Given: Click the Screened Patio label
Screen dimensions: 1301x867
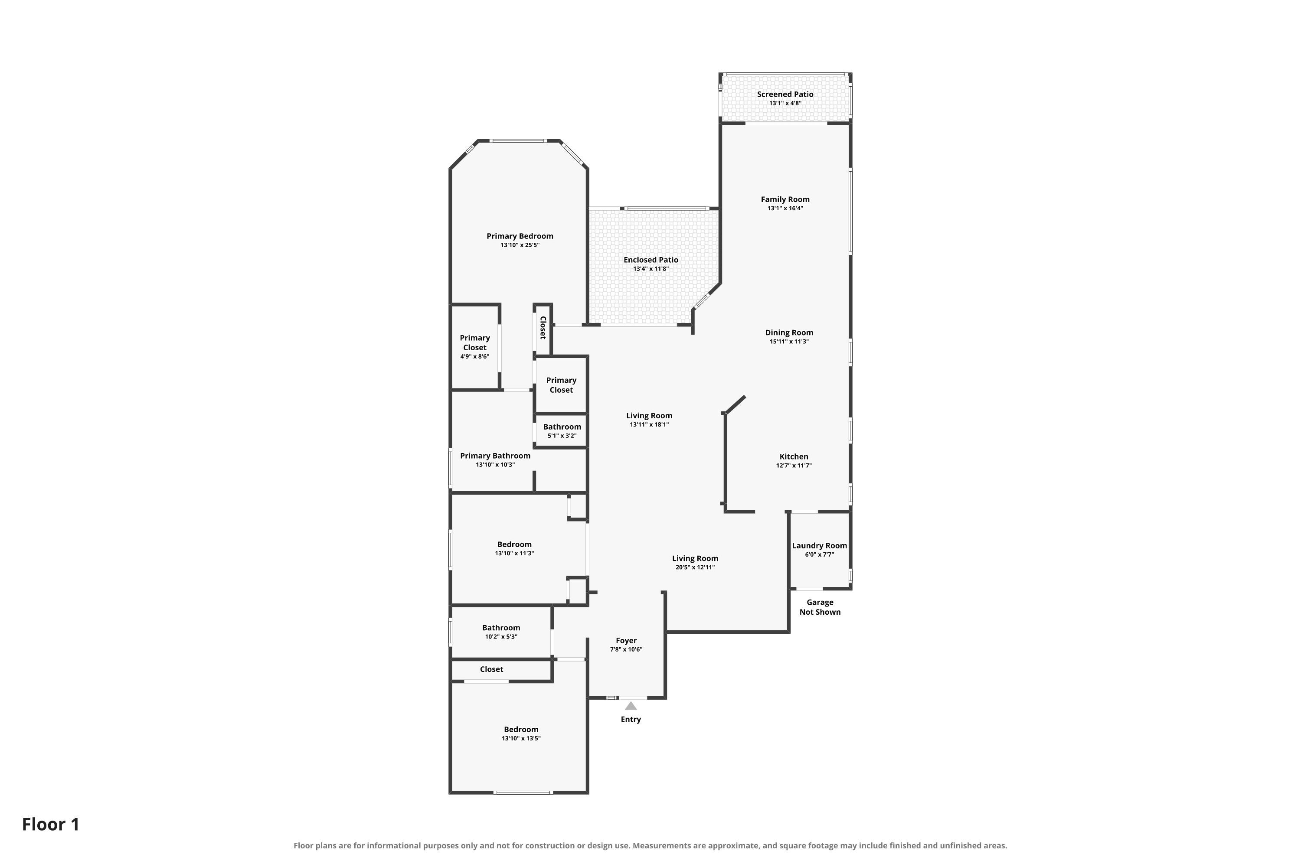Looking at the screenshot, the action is (x=785, y=95).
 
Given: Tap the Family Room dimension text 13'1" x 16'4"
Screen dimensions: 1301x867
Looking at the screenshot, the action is (x=785, y=209).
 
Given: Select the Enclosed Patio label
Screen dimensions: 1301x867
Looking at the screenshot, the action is (x=650, y=260).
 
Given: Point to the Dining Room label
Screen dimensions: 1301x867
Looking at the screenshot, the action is (x=789, y=333).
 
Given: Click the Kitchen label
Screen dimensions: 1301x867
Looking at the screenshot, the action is (x=794, y=457).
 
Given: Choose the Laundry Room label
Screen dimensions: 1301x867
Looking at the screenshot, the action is (x=819, y=546).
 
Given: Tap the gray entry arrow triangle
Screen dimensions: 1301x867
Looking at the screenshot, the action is (x=631, y=706).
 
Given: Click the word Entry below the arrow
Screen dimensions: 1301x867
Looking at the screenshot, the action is (x=631, y=719).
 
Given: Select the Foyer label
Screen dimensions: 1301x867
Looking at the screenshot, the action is (x=626, y=641).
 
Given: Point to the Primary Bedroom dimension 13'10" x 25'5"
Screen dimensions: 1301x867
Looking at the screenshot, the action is (x=520, y=245).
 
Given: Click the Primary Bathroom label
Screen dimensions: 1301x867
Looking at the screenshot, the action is (x=495, y=456).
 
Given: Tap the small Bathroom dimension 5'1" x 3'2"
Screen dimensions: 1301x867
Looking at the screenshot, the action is (x=562, y=436).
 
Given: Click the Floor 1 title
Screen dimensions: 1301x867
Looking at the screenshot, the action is (x=51, y=825).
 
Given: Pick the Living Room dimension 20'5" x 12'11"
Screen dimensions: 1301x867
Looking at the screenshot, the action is (x=695, y=567).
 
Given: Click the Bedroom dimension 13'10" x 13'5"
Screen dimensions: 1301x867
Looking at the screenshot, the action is (x=521, y=738).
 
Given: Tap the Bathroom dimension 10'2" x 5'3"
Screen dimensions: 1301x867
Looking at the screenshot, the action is (x=501, y=636).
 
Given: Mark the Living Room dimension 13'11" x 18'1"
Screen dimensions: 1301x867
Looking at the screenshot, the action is (x=649, y=425).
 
